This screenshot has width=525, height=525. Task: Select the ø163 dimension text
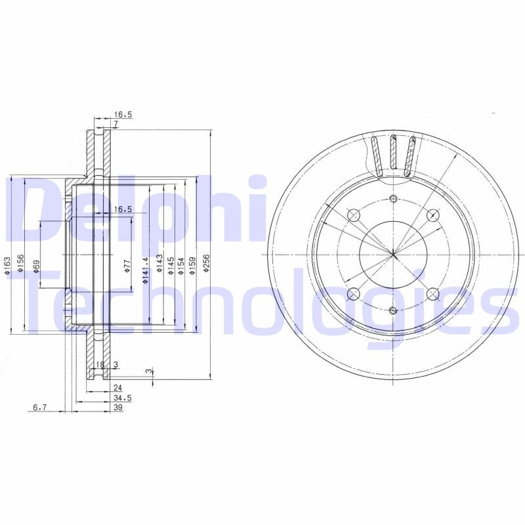7,266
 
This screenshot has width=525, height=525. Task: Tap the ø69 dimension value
36,267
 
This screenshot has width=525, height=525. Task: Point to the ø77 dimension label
127,266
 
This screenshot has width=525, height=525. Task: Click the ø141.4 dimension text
146,270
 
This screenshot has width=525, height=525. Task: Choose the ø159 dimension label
192,266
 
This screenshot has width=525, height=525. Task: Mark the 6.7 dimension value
39,408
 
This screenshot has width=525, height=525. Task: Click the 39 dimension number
119,408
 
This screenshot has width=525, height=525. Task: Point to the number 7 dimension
115,123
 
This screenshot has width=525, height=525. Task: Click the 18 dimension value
100,365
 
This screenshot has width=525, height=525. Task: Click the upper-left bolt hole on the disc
353,215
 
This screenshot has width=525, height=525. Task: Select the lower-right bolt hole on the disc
432,294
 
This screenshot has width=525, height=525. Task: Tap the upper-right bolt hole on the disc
432,215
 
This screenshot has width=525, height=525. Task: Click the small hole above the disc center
393,199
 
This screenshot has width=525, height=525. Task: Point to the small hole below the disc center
393,310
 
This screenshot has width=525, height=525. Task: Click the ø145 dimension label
169,266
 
